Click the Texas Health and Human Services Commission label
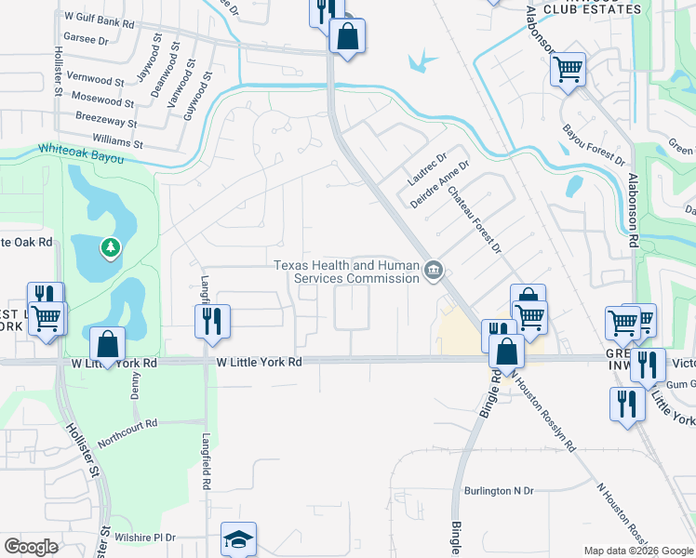click(x=347, y=272)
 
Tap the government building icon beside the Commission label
click(x=434, y=272)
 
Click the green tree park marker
click(x=111, y=247)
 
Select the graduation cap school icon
click(x=238, y=539)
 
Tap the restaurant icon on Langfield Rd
click(x=212, y=321)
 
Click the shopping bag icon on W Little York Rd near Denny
click(x=109, y=343)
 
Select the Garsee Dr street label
click(x=82, y=41)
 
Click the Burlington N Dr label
click(x=500, y=490)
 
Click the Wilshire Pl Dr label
click(x=144, y=538)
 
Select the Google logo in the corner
click(x=31, y=547)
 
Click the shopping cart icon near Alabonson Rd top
click(x=568, y=68)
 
